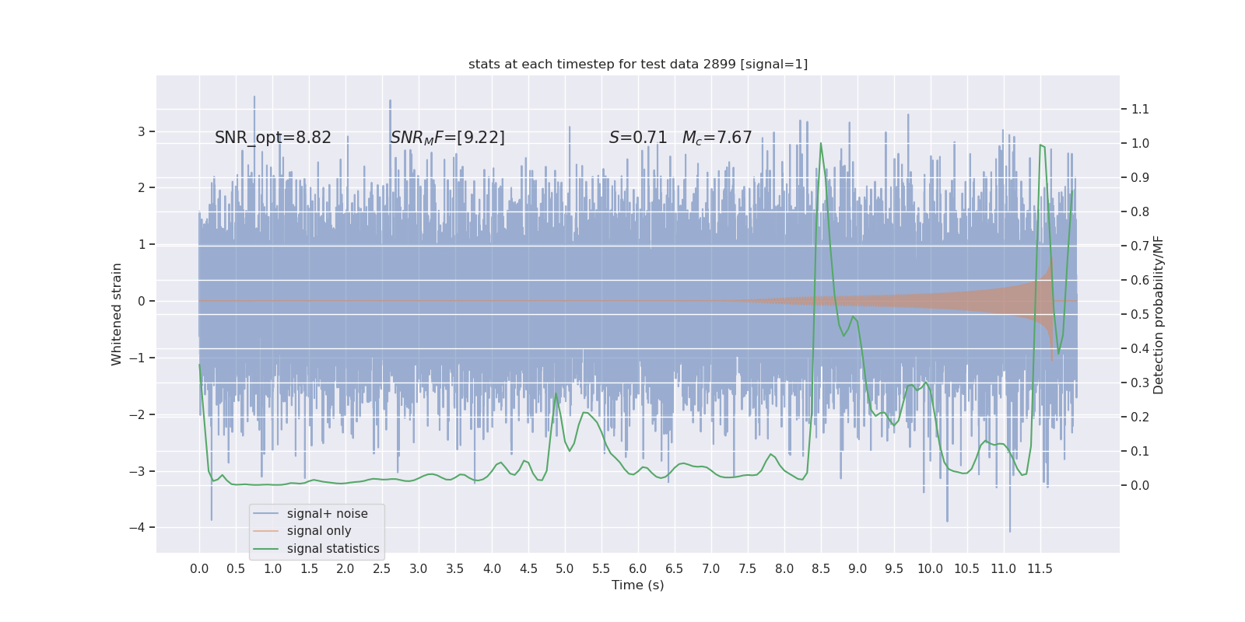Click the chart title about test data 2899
[638, 65]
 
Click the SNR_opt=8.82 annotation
[273, 138]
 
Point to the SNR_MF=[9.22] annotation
[447, 138]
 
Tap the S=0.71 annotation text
[638, 138]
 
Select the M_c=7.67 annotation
[717, 138]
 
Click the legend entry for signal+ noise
[327, 514]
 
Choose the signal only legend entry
[319, 531]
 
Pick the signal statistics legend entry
[333, 549]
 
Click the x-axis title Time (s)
[638, 585]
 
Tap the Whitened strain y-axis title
[117, 314]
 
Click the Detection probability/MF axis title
[1159, 314]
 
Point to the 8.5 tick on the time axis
[821, 568]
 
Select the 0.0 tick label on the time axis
[199, 568]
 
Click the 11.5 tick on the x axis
[1040, 568]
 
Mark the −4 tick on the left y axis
[141, 528]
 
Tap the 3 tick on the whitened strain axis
[142, 131]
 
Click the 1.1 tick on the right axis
[1140, 109]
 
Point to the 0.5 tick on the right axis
[1140, 314]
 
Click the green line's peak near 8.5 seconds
[821, 144]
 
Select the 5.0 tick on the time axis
[565, 568]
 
